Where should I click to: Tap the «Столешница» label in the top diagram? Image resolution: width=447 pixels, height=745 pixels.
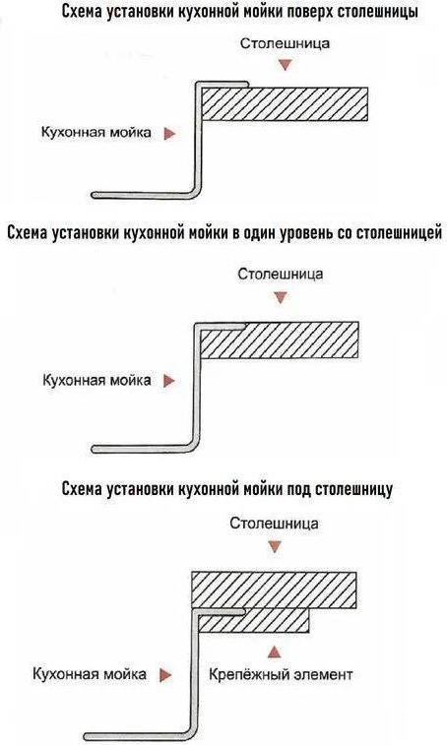285,43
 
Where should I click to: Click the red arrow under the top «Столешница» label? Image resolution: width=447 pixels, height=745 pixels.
285,65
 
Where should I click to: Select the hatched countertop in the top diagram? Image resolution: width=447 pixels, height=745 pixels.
285,103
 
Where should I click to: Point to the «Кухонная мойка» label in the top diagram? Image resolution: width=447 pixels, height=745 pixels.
96,133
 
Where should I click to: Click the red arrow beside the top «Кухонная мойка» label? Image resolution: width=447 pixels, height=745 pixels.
169,134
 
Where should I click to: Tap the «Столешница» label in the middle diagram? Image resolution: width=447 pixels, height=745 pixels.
281,275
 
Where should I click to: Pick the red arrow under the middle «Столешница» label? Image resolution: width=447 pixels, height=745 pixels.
281,298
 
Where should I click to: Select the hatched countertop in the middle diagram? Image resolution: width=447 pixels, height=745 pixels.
279,340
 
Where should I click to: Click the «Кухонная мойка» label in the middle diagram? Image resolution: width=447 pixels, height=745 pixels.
96,381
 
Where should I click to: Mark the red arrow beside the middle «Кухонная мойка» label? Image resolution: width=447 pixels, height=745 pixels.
169,381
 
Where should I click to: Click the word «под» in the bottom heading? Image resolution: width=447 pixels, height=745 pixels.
298,489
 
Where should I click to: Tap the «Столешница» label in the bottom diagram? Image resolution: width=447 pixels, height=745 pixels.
275,524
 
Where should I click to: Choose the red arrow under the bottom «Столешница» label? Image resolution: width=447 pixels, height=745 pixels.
275,547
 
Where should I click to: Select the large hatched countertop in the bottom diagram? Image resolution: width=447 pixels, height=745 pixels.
274,590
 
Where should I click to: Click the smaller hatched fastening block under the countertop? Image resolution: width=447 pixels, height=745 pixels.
253,621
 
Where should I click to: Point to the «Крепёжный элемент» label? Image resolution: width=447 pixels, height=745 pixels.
281,675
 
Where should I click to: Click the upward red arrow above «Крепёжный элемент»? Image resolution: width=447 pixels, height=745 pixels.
274,652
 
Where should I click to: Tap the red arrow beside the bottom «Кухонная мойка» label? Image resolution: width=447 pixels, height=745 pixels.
165,675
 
